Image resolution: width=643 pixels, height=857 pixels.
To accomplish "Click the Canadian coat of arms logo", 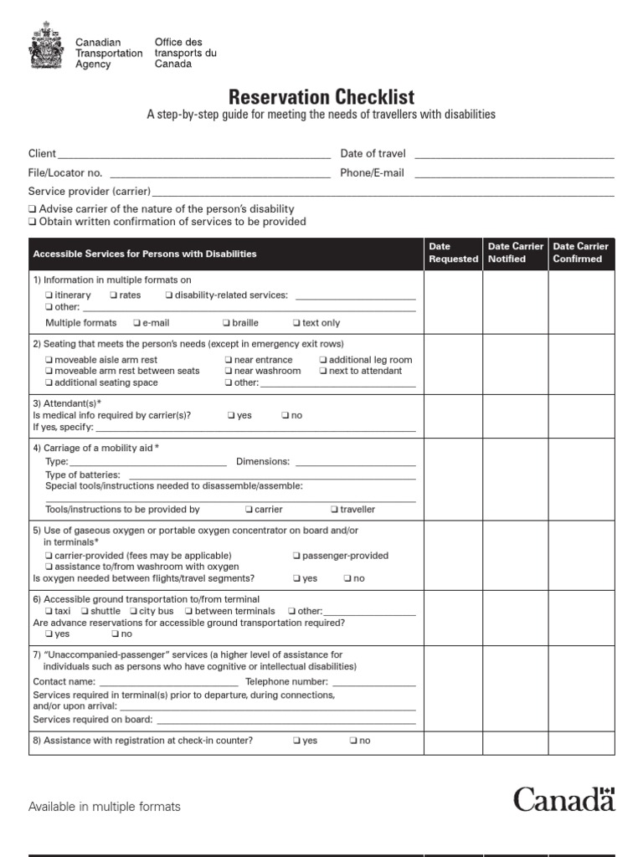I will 45,47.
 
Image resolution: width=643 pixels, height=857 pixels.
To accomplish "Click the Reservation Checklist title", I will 321,96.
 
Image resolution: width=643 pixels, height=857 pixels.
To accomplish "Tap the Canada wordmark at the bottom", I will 563,798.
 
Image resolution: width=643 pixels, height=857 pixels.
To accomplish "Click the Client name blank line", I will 193,155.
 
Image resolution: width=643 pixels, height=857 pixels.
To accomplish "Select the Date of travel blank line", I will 514,155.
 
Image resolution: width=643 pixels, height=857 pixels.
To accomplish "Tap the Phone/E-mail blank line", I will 514,174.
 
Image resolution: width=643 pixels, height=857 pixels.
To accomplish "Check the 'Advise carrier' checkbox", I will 32,209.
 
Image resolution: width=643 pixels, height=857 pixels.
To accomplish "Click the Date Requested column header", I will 453,253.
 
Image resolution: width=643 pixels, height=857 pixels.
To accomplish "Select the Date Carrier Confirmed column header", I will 581,253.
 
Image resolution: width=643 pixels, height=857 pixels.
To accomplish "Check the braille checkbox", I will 227,323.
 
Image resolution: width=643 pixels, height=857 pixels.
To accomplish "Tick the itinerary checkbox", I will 49,295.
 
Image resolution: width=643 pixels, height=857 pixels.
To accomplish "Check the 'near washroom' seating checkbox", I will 229,372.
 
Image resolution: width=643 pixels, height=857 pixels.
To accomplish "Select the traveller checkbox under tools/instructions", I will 334,510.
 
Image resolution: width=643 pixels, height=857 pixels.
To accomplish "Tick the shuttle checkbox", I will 85,612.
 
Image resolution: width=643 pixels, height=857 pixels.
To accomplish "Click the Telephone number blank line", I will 372,683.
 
